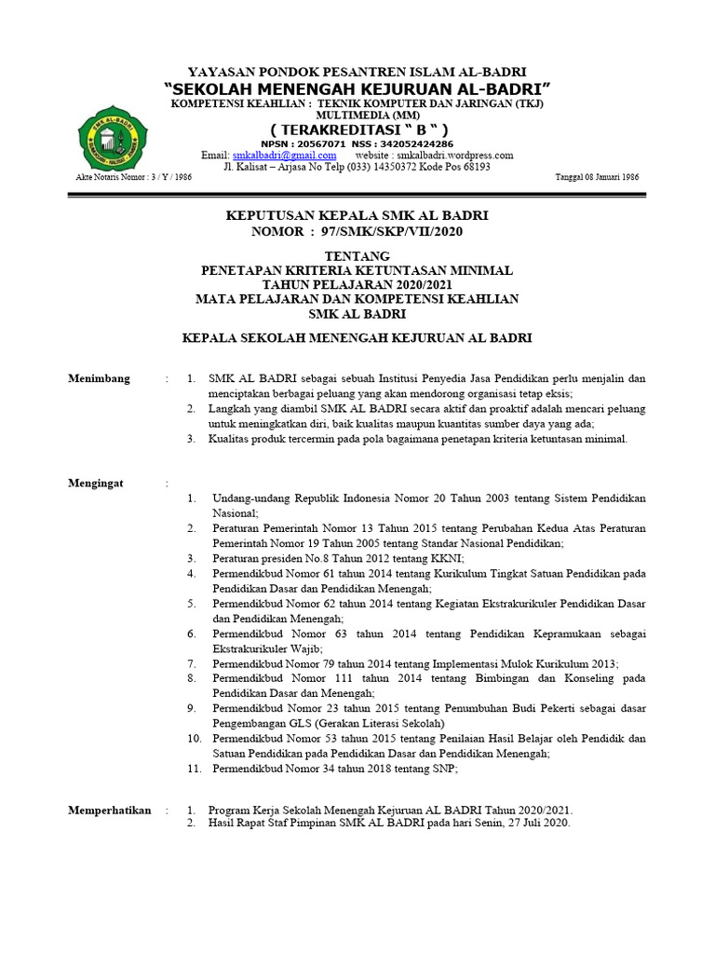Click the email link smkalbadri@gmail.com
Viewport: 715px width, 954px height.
(284, 156)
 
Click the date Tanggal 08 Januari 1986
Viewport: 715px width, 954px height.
(596, 177)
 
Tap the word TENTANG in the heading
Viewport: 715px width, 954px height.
(357, 256)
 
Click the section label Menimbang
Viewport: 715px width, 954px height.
(100, 379)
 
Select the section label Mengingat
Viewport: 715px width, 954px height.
(96, 484)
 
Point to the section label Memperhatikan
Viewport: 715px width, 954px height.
(110, 811)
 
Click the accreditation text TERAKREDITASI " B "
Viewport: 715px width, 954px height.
(358, 129)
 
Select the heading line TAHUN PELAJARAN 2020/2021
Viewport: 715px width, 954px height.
(357, 284)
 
